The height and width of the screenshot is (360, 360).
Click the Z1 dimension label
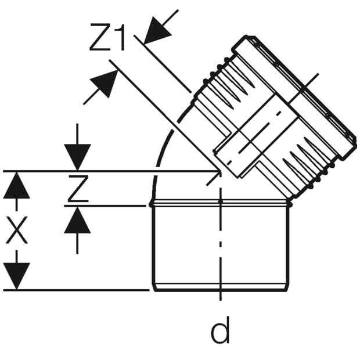pos(107,37)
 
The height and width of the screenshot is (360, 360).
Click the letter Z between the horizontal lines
pos(78,189)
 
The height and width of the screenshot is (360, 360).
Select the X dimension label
pos(17,230)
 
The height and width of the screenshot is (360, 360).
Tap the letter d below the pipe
pos(220,330)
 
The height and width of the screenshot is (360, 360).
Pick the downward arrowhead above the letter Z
pos(77,157)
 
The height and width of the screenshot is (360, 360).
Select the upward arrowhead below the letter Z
pos(77,220)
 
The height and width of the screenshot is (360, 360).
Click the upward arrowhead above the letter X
pos(16,185)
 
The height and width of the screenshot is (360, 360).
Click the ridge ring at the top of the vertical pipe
pos(221,203)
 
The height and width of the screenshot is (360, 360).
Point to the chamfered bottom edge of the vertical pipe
pos(221,287)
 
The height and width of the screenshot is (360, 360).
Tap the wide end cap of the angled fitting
pos(296,96)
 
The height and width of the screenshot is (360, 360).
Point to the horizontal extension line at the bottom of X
pos(76,290)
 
